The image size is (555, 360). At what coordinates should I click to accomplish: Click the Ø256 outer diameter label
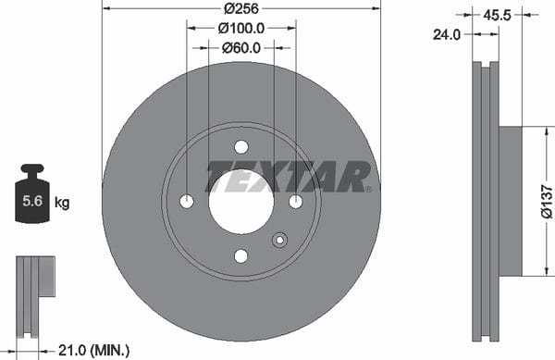pyautogui.click(x=241, y=8)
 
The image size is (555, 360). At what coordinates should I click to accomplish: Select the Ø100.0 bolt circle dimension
pyautogui.click(x=241, y=29)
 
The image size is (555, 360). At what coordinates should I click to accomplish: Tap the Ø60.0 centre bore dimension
pyautogui.click(x=241, y=48)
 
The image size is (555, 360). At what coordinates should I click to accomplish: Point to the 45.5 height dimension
pyautogui.click(x=497, y=15)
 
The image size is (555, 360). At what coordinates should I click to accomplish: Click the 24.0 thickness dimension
pyautogui.click(x=447, y=34)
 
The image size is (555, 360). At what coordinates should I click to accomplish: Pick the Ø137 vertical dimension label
pyautogui.click(x=547, y=202)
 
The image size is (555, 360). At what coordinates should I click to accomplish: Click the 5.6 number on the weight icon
pyautogui.click(x=32, y=201)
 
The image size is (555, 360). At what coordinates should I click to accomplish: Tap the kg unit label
pyautogui.click(x=62, y=203)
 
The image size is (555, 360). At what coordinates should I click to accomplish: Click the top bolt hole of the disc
pyautogui.click(x=241, y=147)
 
